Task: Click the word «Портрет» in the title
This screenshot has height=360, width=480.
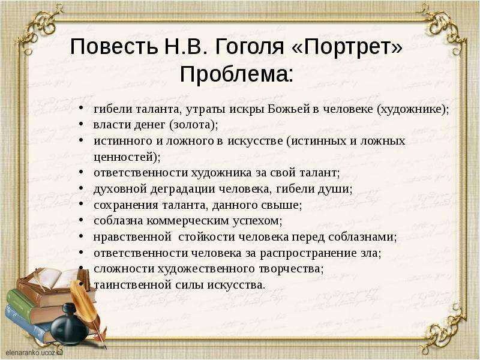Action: point(347,47)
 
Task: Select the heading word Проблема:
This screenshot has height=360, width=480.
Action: point(236,74)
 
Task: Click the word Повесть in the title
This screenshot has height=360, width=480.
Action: point(114,47)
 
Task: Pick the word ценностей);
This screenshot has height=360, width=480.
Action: point(127,157)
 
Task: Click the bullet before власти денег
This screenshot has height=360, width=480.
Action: point(81,124)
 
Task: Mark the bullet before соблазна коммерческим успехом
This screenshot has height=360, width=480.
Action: point(81,220)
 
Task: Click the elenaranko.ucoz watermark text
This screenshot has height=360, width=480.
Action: point(34,352)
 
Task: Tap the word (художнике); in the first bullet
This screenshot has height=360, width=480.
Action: point(412,109)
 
